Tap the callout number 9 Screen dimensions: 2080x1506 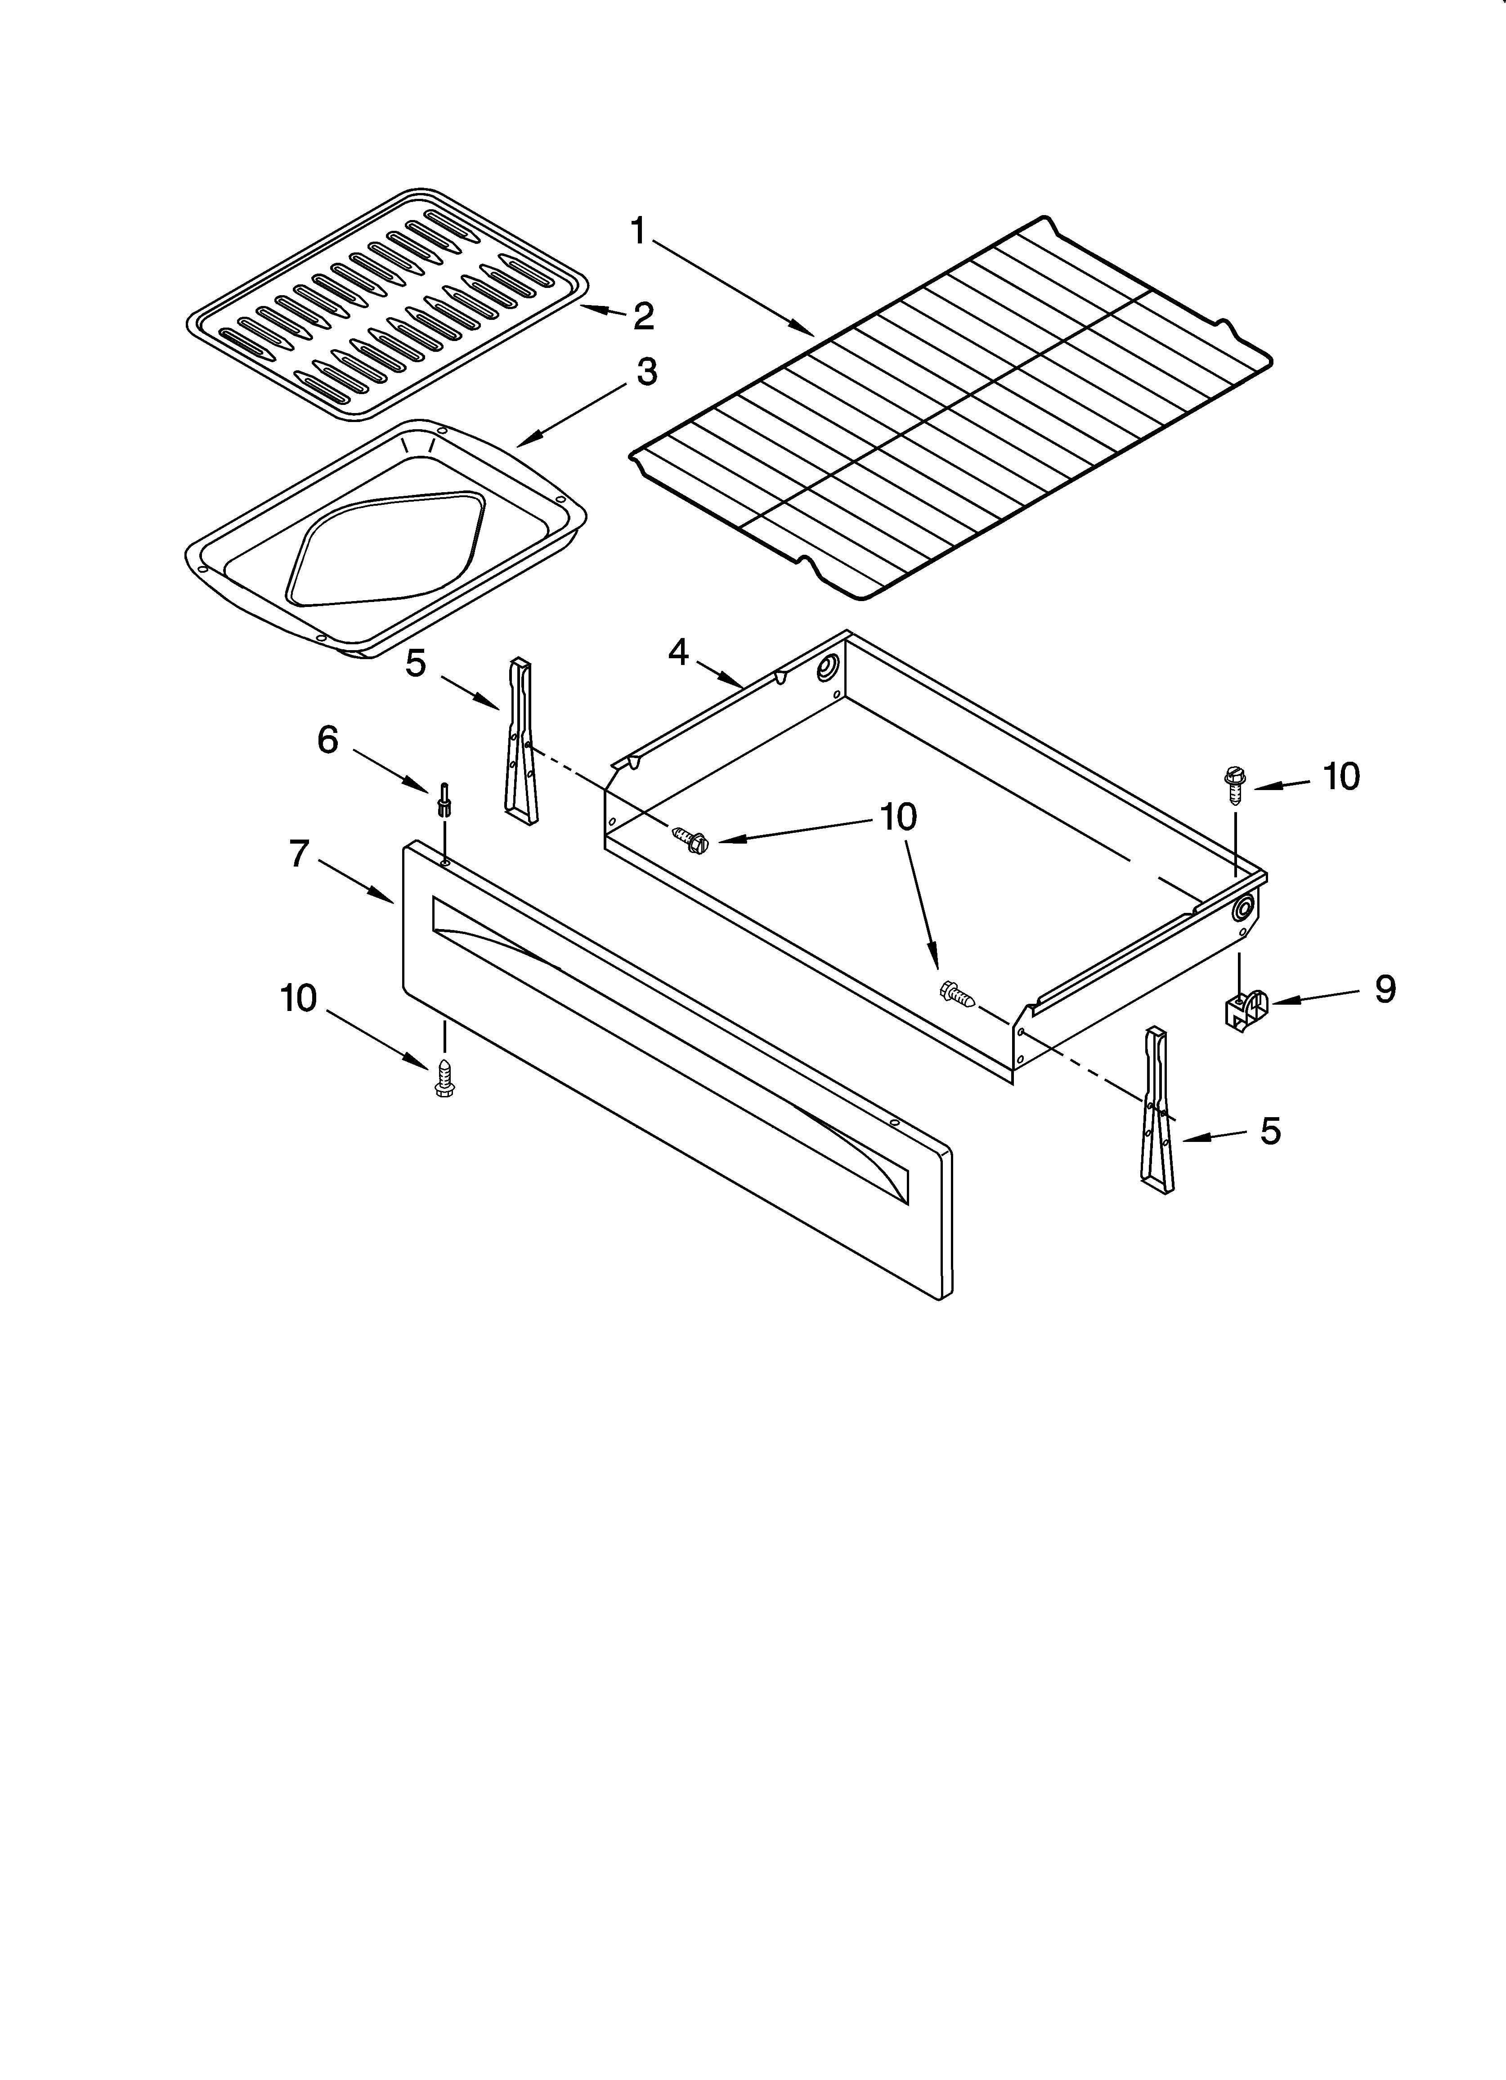point(1385,988)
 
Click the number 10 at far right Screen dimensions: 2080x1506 point(1341,777)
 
